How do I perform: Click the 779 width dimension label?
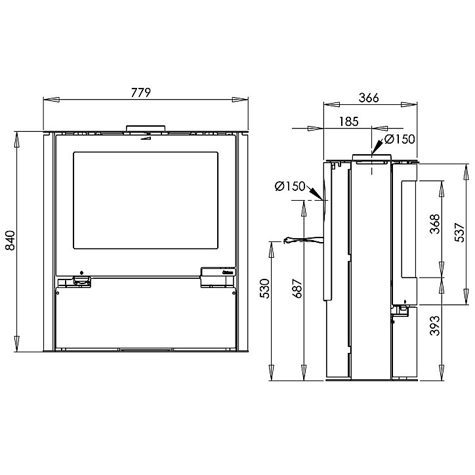[x=141, y=93]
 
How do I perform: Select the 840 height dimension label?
[x=10, y=240]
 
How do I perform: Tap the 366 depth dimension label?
[x=369, y=98]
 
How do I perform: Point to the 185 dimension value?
[x=348, y=121]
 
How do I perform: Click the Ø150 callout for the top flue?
[x=400, y=139]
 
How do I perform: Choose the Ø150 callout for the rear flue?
[x=290, y=186]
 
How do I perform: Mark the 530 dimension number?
[x=264, y=289]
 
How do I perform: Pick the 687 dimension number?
[x=298, y=289]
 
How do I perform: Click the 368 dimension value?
[x=435, y=224]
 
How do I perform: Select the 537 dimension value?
[x=459, y=232]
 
